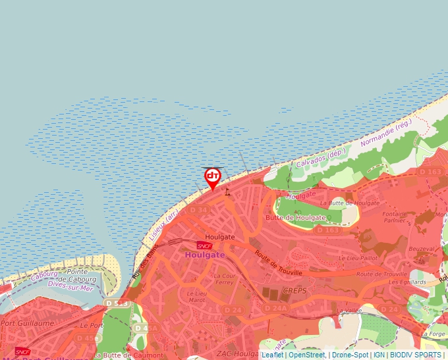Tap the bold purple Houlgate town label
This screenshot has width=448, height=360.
205,255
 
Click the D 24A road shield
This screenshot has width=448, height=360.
276,308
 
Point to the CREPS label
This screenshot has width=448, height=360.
295,290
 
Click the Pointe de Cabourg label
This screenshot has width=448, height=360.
82,276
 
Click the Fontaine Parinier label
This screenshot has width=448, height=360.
395,217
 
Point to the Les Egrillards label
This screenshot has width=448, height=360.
406,282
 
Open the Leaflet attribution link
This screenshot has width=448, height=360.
272,355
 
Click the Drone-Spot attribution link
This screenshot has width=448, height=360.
350,355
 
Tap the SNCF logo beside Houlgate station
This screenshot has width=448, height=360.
204,245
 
